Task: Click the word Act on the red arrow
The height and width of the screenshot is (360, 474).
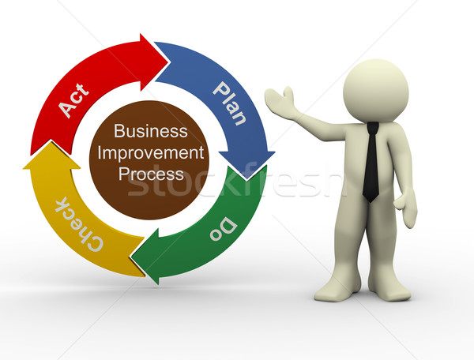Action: (x=74, y=100)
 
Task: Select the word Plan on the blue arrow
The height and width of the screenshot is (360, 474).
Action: (x=230, y=103)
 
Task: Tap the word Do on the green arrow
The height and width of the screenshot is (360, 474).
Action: (x=224, y=229)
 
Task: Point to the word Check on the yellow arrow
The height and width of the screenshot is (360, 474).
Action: (x=79, y=223)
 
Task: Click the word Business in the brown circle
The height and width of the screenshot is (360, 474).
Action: (x=151, y=131)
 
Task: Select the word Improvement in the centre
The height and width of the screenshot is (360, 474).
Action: (x=151, y=153)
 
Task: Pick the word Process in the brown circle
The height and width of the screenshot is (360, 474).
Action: (x=151, y=174)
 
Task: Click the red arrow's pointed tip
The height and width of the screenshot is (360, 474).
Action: (x=168, y=63)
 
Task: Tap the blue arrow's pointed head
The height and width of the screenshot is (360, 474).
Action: (x=246, y=178)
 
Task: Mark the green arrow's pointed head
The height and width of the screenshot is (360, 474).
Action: (x=131, y=257)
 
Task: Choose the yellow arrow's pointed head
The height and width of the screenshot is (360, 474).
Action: (x=51, y=141)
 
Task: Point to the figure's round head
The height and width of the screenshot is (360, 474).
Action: (x=376, y=91)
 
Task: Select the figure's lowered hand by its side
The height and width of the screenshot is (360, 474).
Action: (x=406, y=208)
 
